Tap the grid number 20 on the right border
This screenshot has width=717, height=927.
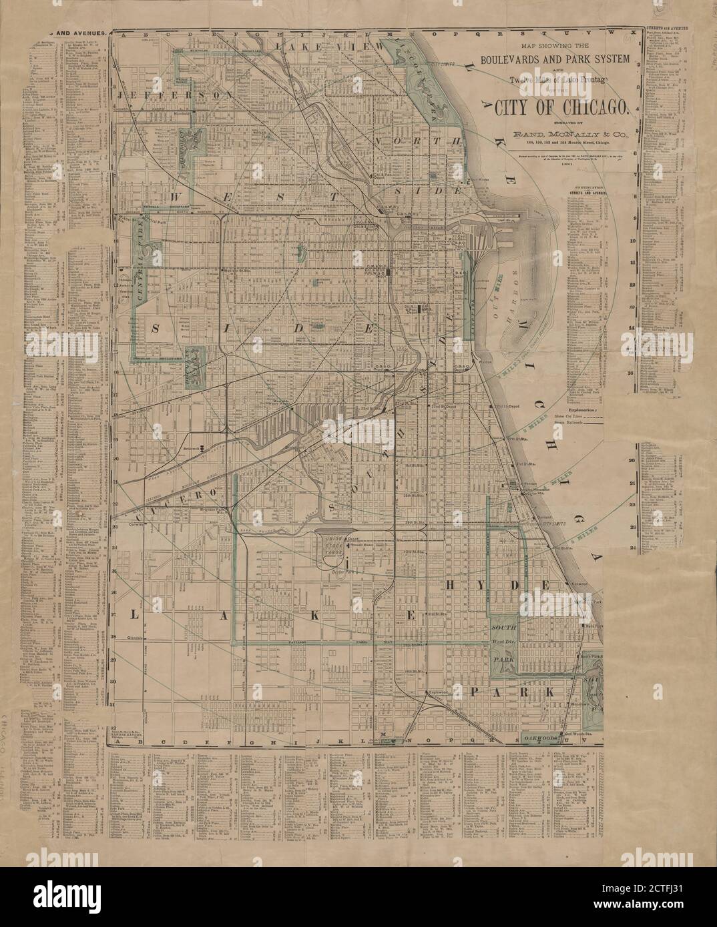click(x=631, y=461)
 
